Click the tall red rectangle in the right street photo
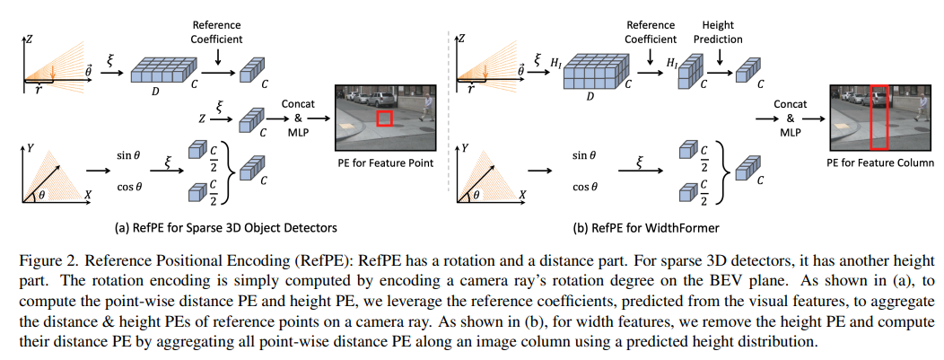tap(878, 117)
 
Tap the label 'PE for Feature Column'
tap(878, 163)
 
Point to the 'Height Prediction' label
tap(718, 33)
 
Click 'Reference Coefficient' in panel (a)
tap(217, 33)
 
